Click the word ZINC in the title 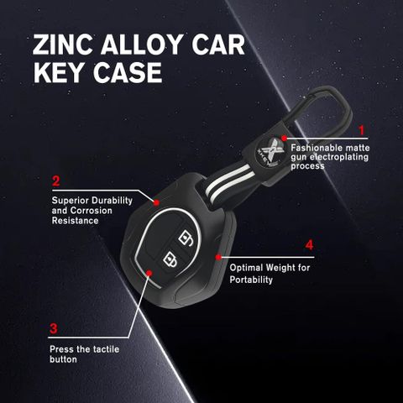62,44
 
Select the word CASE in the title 128,72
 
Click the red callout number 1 362,130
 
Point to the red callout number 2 56,181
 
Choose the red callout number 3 53,328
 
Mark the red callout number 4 309,245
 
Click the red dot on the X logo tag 285,139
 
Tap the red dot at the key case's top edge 157,202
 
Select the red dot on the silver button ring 149,273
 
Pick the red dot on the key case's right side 218,257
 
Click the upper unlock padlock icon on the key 186,238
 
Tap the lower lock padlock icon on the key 170,260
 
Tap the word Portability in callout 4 251,280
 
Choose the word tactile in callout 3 106,349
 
